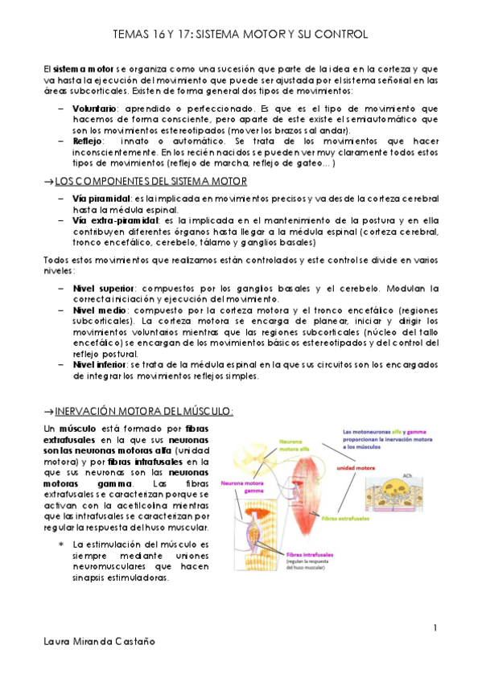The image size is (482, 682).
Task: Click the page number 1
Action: click(434, 627)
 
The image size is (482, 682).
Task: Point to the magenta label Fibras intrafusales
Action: click(309, 553)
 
